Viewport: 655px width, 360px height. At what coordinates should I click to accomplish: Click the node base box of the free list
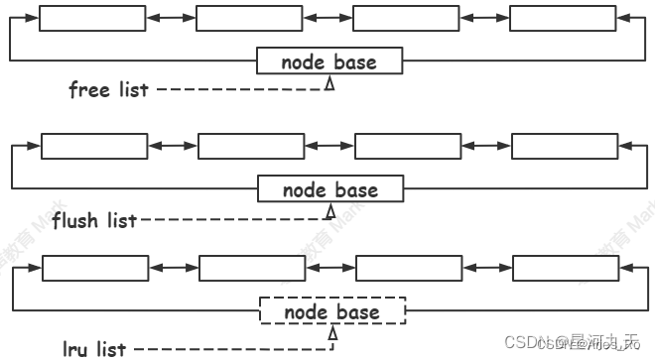pos(329,61)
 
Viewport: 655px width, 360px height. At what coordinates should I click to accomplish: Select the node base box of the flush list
pos(330,189)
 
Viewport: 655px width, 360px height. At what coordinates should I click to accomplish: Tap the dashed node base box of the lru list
pos(331,312)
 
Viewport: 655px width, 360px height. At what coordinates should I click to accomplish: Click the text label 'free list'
pos(108,90)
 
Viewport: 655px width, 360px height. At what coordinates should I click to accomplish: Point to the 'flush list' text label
pos(94,219)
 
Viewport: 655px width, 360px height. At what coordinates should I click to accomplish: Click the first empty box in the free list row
pos(78,19)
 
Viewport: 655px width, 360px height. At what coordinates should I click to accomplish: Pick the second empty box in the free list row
pos(235,19)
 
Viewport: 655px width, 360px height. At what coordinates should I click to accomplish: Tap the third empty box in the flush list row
pos(394,146)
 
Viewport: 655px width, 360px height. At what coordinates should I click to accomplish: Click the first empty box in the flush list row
pos(80,146)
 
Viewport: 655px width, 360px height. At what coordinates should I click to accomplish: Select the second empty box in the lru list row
pos(238,269)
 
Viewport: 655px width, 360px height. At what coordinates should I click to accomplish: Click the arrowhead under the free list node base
pos(329,86)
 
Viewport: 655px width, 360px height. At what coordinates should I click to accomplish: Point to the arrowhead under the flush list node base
pos(330,213)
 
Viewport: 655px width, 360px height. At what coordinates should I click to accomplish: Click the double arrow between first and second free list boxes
pos(157,19)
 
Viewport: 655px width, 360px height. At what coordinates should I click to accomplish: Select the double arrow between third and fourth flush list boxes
pos(472,146)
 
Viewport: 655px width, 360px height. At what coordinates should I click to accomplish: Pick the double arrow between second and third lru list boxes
pos(317,269)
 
